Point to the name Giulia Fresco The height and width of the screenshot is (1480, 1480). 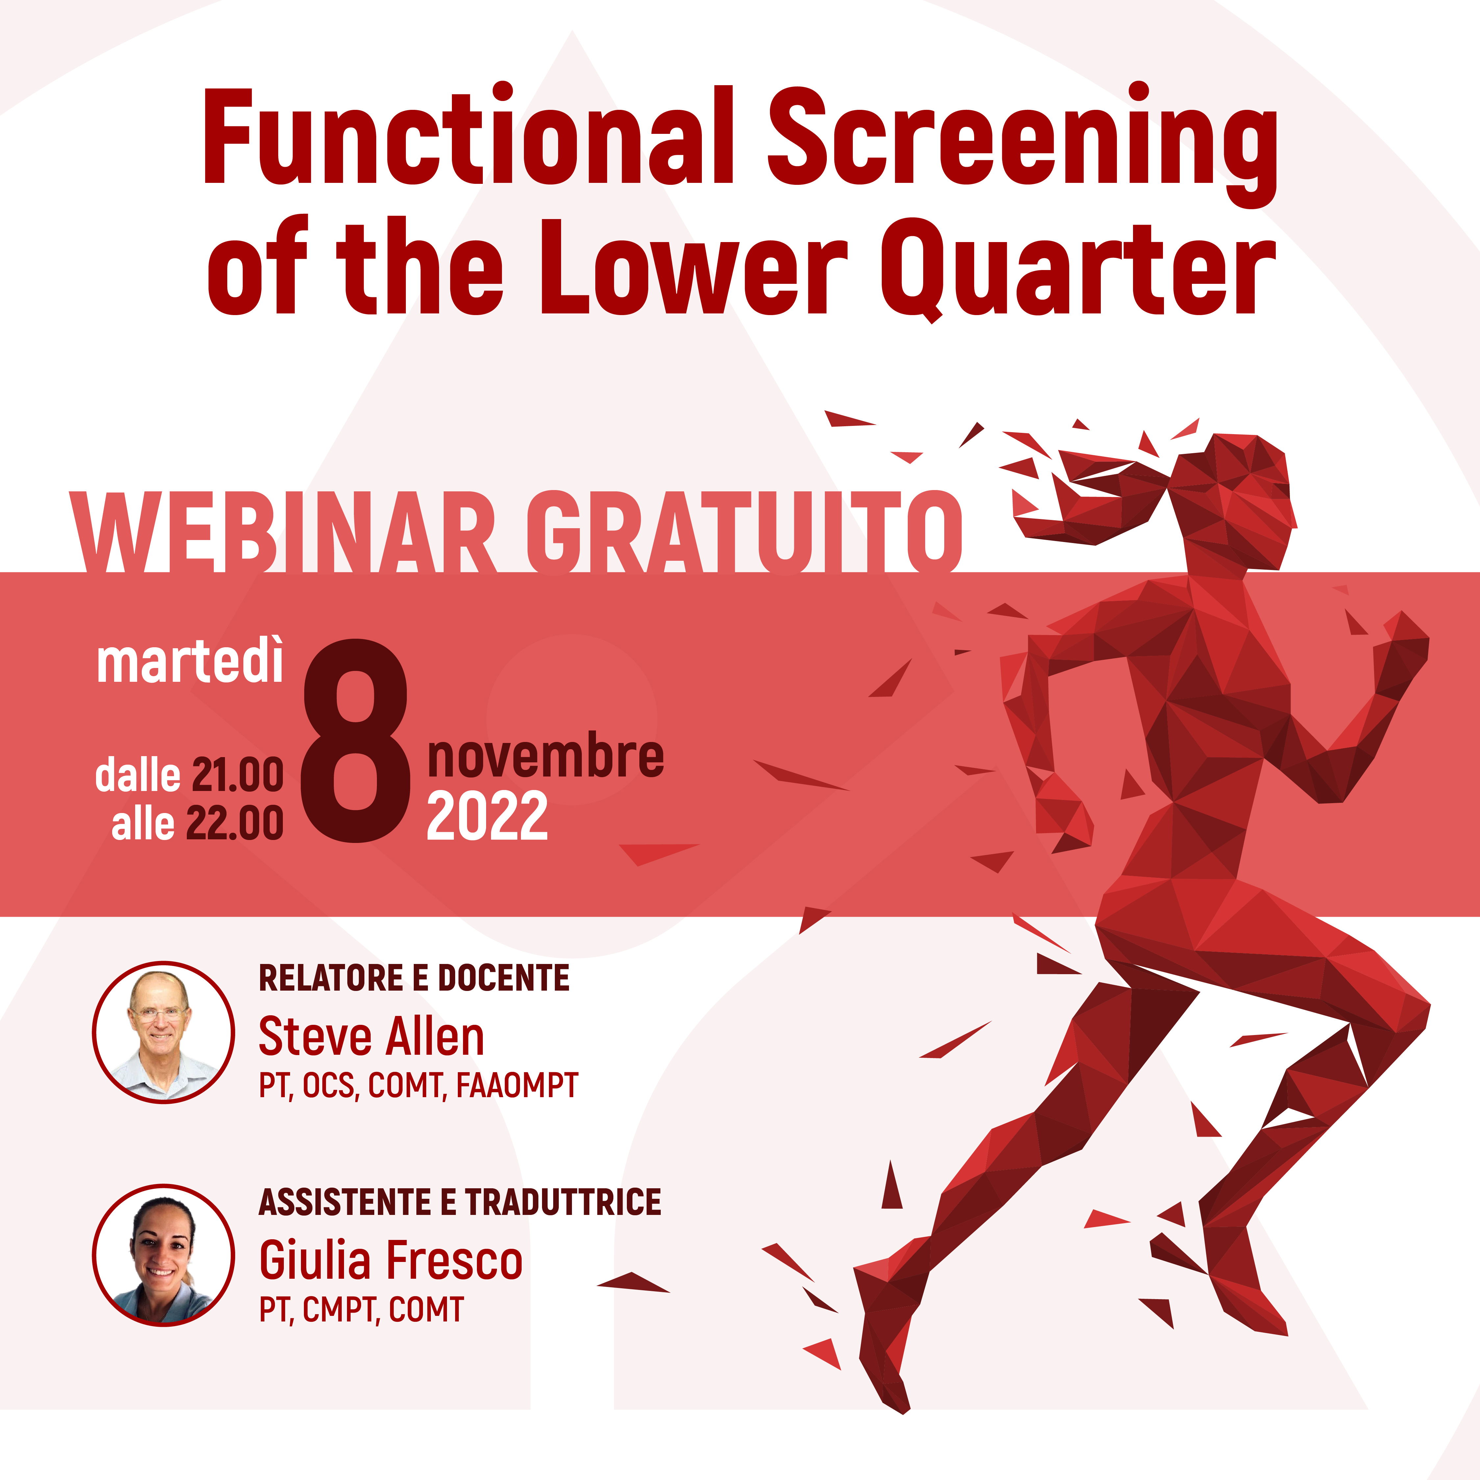[x=391, y=1260]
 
